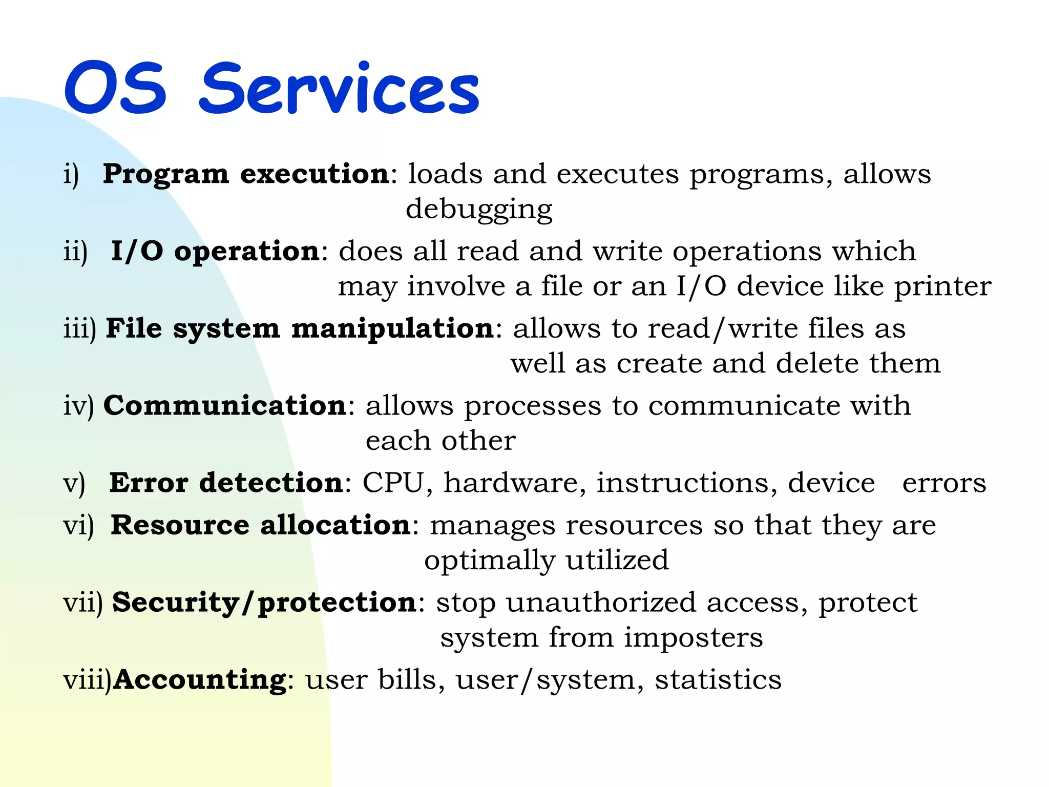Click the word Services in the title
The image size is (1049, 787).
point(339,88)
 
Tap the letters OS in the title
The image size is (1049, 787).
point(116,88)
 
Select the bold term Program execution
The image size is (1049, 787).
point(246,174)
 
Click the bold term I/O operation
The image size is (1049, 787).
point(216,252)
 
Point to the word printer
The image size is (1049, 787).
point(942,286)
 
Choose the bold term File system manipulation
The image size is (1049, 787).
point(300,328)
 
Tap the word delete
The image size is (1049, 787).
point(817,363)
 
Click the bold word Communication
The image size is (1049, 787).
point(225,406)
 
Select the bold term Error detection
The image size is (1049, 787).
point(226,483)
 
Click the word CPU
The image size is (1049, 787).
point(393,483)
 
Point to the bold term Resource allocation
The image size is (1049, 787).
point(260,525)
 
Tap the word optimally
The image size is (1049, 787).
point(489,560)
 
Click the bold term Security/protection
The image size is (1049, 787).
point(264,603)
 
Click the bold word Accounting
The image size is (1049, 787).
point(200,680)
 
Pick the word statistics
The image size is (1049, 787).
point(718,680)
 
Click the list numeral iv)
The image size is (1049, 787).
point(78,406)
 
